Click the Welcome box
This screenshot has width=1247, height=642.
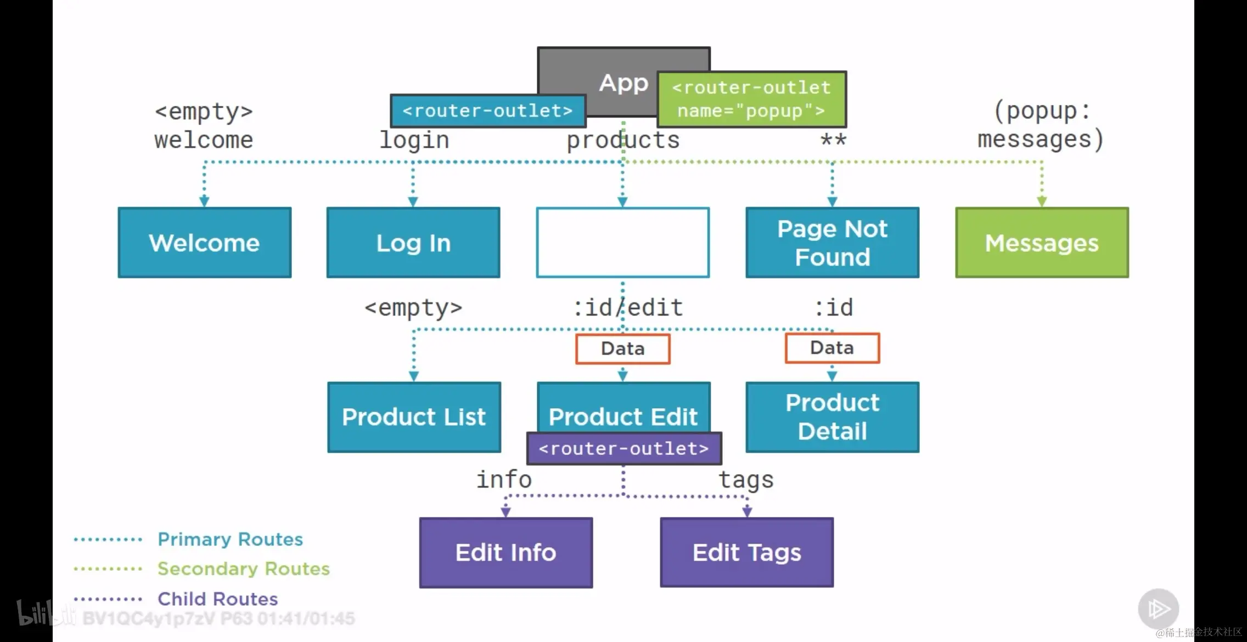205,243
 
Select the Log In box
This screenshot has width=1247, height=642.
413,243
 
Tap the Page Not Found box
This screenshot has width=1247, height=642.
833,243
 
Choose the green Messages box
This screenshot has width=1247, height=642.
1042,243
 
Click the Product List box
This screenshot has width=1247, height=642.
414,417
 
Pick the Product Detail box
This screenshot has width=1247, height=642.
833,417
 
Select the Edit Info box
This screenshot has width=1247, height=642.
506,553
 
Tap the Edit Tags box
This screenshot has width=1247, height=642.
747,553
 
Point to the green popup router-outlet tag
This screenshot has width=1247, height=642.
752,99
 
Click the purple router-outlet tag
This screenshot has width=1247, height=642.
624,448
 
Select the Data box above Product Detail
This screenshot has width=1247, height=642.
833,348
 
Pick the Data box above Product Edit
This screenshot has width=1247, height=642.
623,348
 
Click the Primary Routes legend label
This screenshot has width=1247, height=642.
231,539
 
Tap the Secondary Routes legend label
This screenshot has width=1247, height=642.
244,569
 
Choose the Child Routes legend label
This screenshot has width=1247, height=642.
218,599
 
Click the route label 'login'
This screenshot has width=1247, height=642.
414,140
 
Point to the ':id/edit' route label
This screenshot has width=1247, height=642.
628,308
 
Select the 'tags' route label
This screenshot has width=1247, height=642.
746,480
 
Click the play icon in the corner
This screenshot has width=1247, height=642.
1158,609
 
